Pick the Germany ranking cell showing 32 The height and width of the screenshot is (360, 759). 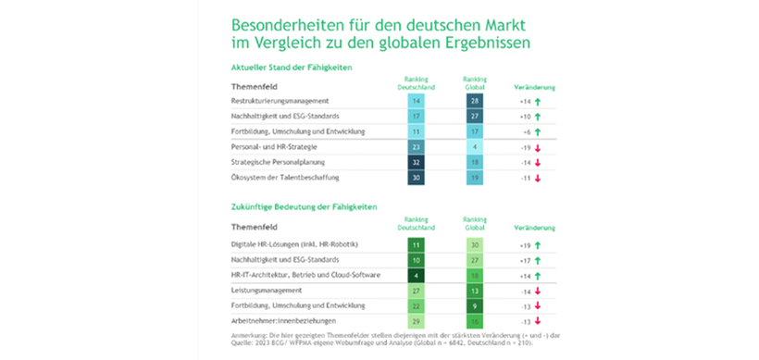click(x=417, y=162)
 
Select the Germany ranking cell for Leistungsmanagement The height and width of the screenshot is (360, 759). click(x=417, y=292)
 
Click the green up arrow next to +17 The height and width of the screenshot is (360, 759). click(x=539, y=260)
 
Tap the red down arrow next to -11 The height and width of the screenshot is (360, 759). click(x=539, y=178)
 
